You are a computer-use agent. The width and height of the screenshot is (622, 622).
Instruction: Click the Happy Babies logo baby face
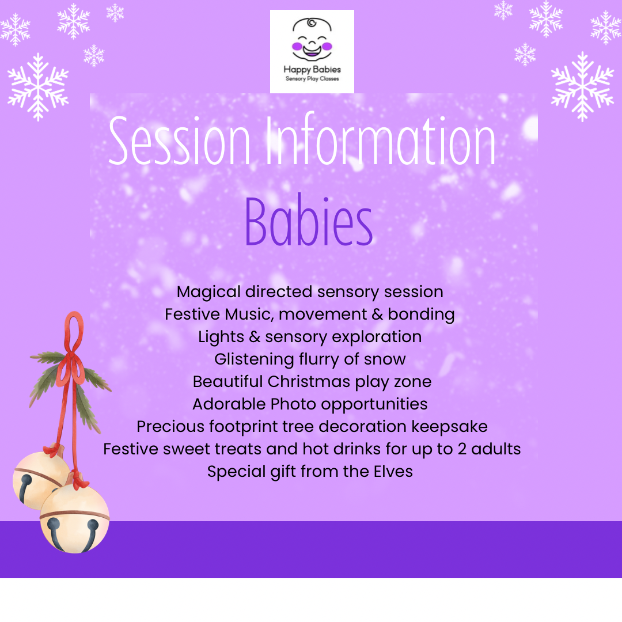312,39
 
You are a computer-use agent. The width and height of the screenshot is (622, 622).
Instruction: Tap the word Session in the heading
179,141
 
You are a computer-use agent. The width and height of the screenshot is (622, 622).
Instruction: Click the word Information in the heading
381,138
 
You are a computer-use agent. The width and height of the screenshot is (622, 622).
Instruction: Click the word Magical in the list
208,293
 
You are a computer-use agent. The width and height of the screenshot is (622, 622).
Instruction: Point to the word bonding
421,314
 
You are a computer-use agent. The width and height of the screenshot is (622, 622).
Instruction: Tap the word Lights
221,337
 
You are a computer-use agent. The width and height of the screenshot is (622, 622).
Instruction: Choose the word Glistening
254,359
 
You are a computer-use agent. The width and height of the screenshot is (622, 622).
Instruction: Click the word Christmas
309,382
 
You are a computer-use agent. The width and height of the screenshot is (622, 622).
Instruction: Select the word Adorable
229,404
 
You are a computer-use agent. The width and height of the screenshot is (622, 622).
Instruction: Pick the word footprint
244,427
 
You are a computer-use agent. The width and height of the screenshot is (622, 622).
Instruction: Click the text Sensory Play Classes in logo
312,78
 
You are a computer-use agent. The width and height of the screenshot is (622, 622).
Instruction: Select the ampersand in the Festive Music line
377,314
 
